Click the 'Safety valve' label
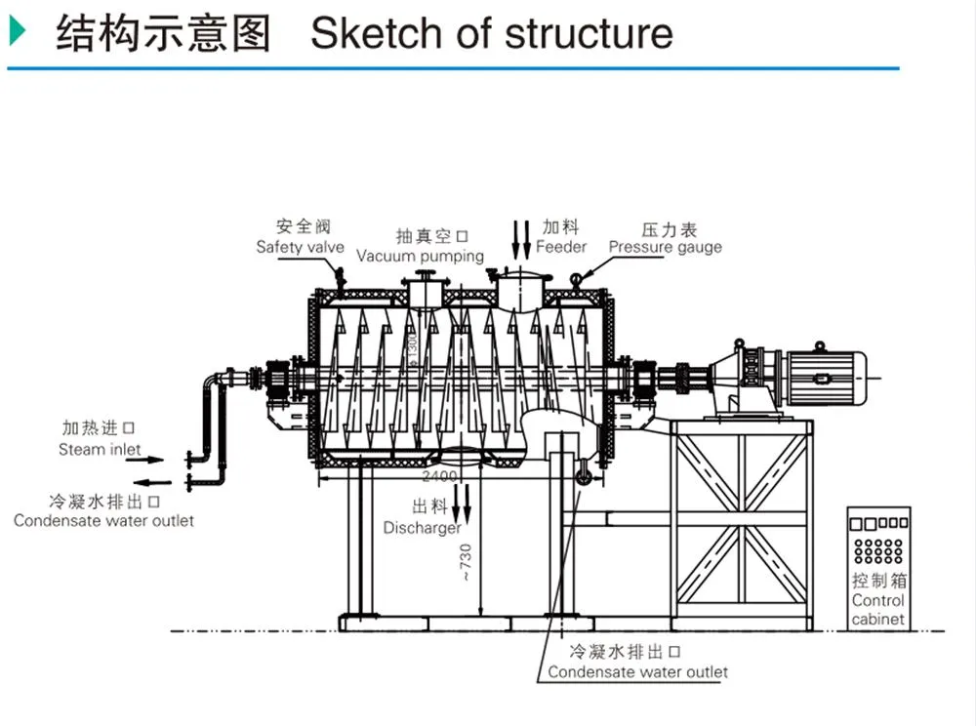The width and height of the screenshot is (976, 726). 300,247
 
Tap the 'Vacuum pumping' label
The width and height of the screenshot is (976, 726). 420,256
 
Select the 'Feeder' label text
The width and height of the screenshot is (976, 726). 561,247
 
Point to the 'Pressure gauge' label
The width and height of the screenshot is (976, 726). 665,247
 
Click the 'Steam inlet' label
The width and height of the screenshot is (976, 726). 100,450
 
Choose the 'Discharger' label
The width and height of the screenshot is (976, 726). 422,528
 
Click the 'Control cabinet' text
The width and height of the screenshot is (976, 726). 877,610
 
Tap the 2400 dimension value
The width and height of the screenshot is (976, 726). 439,477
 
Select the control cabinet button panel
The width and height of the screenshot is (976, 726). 878,538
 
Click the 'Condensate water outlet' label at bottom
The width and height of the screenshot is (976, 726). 637,671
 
